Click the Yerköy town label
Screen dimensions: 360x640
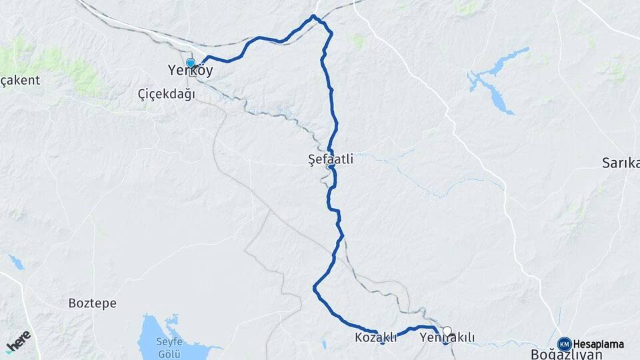[190, 71]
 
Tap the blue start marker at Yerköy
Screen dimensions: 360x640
[191, 63]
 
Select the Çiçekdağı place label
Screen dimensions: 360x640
[166, 95]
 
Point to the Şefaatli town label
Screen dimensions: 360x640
[331, 160]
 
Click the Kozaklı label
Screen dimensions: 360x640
[375, 337]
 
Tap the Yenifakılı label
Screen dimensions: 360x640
[447, 338]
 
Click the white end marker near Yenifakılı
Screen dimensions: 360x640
[447, 330]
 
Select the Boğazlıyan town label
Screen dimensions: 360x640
[567, 354]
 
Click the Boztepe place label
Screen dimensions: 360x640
[93, 303]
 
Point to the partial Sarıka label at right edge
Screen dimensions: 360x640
[621, 163]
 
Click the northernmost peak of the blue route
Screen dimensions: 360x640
[313, 16]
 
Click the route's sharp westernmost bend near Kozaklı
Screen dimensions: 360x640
[314, 288]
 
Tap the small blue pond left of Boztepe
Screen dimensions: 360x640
[16, 262]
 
